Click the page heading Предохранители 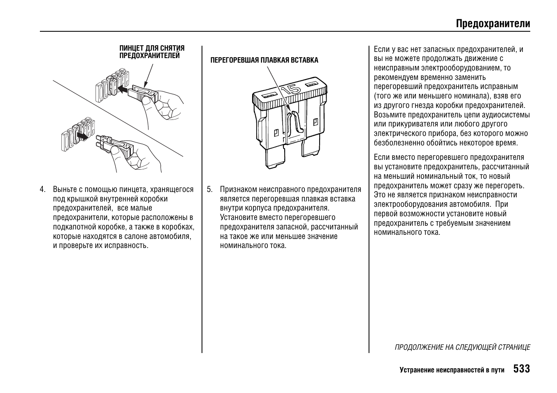click(492, 23)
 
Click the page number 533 click(521, 369)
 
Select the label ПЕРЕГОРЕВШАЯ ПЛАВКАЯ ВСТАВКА click(264, 60)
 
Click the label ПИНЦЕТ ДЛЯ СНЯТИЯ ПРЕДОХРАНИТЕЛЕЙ click(152, 52)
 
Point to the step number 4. click(42, 189)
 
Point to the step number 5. click(209, 189)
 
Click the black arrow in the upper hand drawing click(122, 89)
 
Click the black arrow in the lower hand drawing click(83, 135)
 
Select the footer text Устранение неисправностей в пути click(452, 370)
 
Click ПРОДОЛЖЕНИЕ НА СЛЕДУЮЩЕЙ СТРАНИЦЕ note click(462, 347)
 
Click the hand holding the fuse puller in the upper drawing click(167, 105)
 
